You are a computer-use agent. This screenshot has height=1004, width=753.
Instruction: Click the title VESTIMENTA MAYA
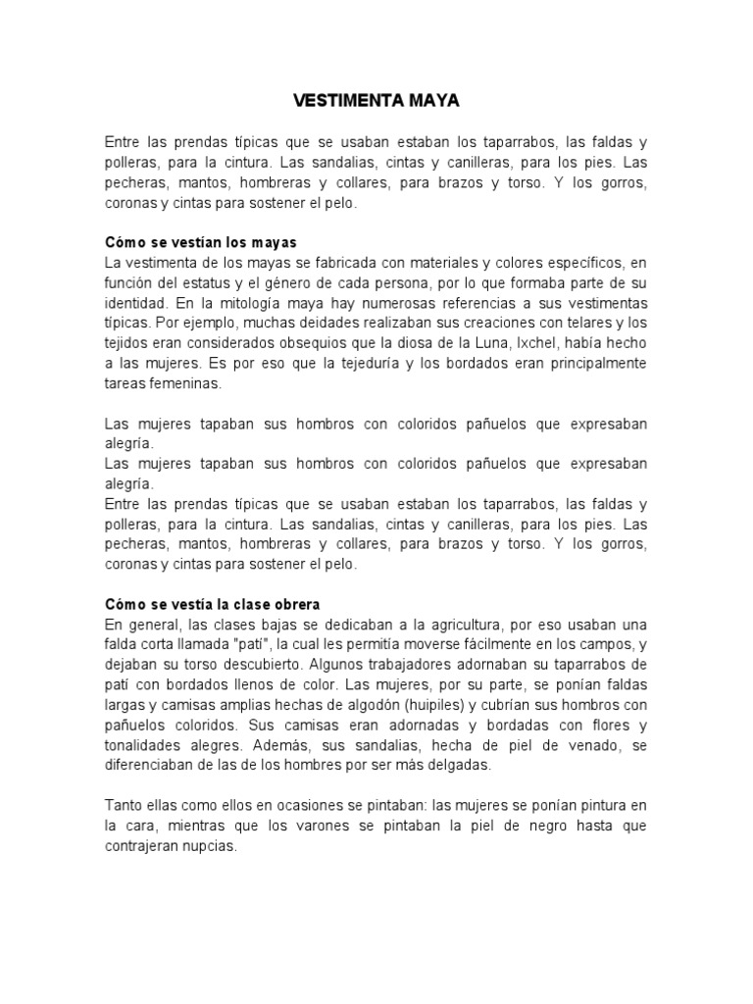point(376,101)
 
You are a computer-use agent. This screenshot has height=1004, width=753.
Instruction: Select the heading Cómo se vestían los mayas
point(200,241)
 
